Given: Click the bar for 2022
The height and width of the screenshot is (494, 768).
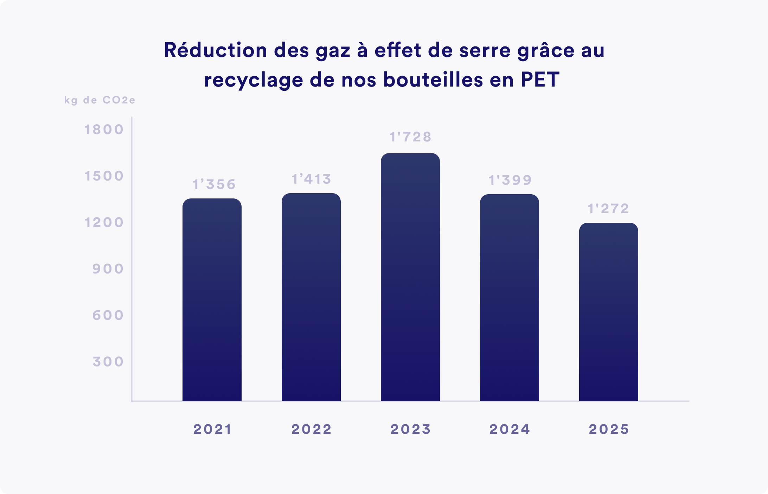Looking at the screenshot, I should click(311, 297).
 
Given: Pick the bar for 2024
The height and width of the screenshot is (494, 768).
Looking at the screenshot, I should click(509, 298).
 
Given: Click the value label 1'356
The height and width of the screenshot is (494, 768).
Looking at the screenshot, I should click(214, 184).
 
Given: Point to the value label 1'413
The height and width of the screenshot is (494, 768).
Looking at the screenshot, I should click(312, 179).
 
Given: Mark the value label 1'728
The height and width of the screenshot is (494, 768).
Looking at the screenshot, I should click(410, 137).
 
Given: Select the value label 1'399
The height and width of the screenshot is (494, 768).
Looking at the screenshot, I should click(510, 180).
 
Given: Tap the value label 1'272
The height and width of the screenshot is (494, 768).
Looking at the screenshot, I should click(608, 209).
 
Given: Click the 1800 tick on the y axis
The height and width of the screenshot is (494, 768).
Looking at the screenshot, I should click(104, 129).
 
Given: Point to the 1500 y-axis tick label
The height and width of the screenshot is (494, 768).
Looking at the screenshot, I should click(104, 176).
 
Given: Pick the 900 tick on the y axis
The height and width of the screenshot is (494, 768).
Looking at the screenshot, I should click(108, 269).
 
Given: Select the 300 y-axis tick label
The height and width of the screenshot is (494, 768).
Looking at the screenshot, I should click(108, 362).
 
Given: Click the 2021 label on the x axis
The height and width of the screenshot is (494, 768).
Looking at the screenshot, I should click(212, 429).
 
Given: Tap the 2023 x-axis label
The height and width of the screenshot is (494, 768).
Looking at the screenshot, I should click(410, 429).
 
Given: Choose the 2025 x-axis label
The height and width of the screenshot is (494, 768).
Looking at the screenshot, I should click(609, 429).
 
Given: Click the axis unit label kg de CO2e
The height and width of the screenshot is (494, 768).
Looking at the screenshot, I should click(100, 100).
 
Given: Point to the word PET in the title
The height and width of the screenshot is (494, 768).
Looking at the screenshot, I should click(540, 80).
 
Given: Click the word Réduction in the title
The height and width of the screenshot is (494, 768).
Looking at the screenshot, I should click(216, 50).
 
